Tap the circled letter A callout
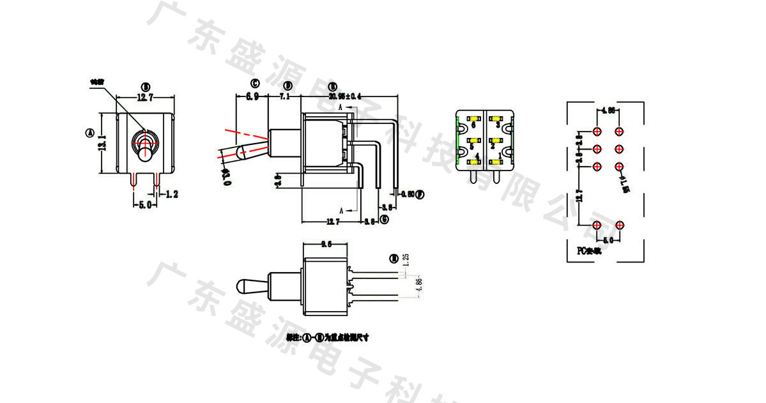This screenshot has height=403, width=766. (89, 133)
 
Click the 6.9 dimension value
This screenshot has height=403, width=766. (252, 96)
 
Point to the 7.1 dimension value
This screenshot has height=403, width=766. (285, 96)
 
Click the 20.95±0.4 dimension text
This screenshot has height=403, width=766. (345, 96)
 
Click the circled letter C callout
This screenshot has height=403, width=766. (254, 84)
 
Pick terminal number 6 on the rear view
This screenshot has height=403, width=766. (473, 125)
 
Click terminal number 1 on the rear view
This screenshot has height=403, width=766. (500, 156)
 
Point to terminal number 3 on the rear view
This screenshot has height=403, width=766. (498, 125)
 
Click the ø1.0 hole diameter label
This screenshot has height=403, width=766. (624, 183)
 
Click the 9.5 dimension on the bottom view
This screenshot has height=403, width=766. (326, 244)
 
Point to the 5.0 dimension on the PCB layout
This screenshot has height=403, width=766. (608, 240)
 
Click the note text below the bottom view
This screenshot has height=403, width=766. (328, 337)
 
